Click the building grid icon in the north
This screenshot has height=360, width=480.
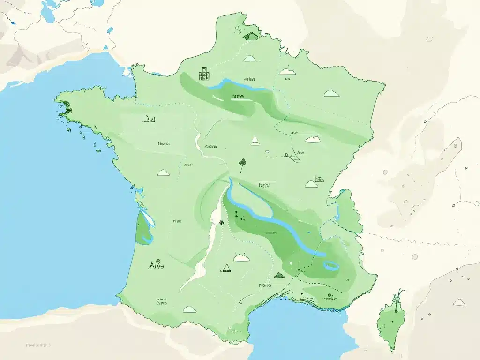203,74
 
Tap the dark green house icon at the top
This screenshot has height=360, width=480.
251,35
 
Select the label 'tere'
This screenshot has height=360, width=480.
238,96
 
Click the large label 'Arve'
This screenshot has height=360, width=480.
156,265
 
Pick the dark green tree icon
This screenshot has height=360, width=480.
242,163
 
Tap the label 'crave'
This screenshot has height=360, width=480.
211,146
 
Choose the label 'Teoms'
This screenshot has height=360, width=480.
164,143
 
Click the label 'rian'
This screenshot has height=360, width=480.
177,220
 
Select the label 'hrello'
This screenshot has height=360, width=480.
265,285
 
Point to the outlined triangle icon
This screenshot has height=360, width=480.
226,268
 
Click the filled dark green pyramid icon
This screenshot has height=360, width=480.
279,275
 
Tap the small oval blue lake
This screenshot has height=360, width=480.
331,265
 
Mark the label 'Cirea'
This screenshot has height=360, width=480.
161,303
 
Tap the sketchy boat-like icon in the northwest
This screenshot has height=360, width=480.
149,120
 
